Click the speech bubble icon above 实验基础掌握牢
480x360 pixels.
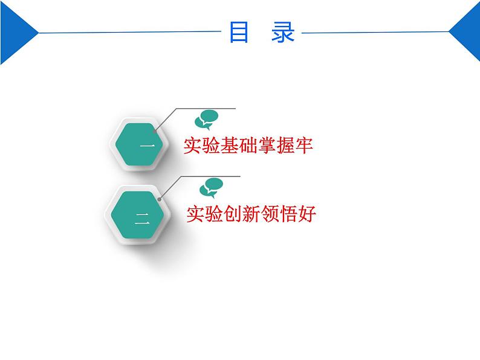[x=207, y=119]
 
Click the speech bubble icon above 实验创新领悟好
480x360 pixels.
[x=212, y=187]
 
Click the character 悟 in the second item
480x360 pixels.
[x=294, y=214]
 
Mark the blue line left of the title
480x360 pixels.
[x=127, y=31]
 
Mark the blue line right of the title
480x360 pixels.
[x=375, y=31]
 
